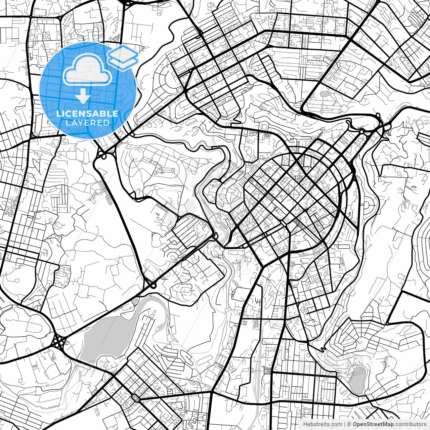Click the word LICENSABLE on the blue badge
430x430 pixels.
87,114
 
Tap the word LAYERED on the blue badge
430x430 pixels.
87,123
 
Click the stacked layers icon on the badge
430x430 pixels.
123,57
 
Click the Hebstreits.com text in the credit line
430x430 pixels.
322,424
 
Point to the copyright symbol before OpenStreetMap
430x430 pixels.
349,424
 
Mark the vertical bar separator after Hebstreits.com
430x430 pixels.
345,424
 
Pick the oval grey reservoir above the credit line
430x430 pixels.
358,380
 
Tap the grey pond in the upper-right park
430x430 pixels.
324,94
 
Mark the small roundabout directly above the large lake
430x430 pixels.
153,286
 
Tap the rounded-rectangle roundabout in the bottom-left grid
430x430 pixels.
136,398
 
